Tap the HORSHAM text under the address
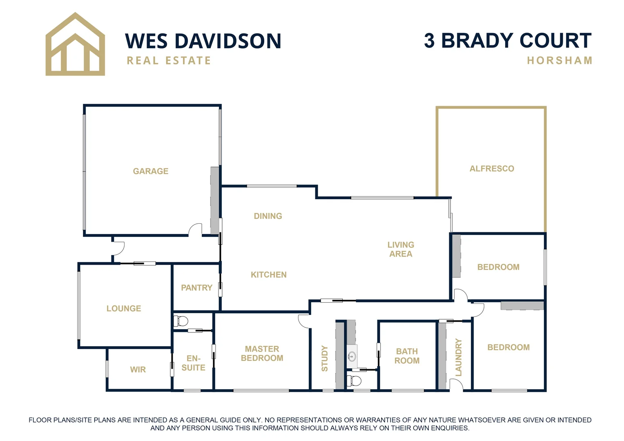point(559,61)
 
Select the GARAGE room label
point(151,171)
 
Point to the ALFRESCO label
point(492,169)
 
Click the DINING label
point(268,216)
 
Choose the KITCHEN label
point(269,275)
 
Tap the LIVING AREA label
point(401,249)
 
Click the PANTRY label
point(196,288)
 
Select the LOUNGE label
point(124,309)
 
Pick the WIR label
point(138,370)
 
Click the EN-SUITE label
point(193,363)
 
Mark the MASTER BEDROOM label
point(262,354)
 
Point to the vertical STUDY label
point(325,359)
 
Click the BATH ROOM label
point(407,356)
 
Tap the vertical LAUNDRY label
point(459,357)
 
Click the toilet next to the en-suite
point(180,321)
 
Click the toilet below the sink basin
point(354,381)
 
